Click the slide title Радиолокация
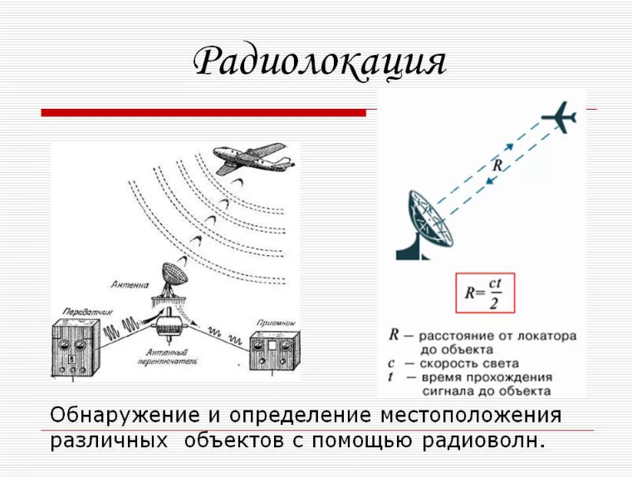320,62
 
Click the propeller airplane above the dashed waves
248,158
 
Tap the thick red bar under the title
203,112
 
